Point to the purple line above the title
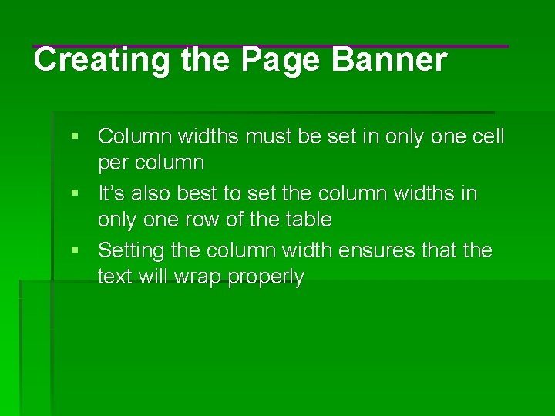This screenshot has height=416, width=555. [x=270, y=46]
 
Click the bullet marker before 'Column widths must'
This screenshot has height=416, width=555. [x=75, y=136]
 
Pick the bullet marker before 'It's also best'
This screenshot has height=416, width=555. [x=75, y=193]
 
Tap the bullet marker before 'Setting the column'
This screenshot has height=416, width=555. [x=75, y=250]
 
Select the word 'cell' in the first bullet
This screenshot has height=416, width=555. [x=488, y=137]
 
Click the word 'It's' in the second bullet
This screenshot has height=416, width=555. [x=110, y=193]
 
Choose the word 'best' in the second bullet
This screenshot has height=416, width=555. [x=194, y=193]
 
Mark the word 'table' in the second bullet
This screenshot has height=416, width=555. [x=308, y=220]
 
